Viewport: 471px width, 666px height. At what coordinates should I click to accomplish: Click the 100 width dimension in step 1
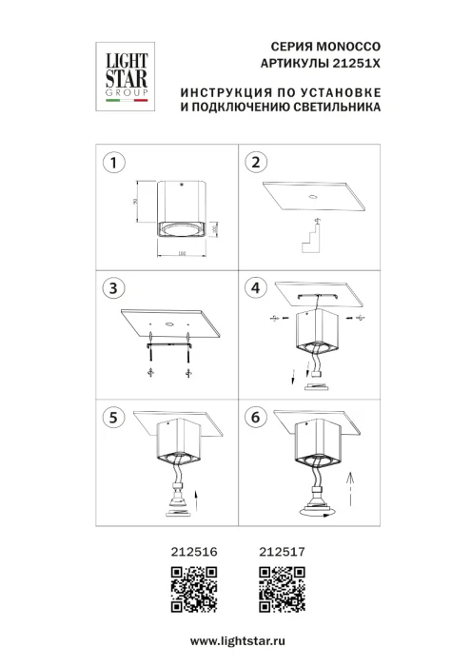(x=181, y=253)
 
